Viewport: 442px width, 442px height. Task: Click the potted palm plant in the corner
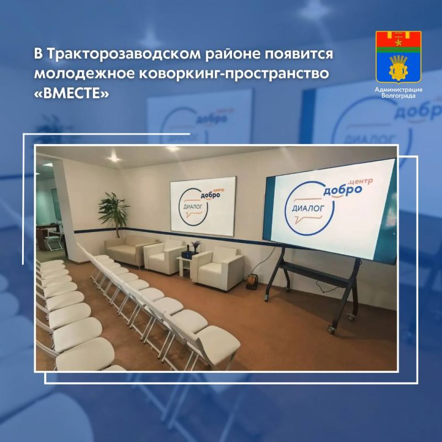tap(113, 213)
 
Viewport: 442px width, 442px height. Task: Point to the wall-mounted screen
tap(203, 203)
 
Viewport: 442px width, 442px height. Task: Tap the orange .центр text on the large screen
tap(361, 181)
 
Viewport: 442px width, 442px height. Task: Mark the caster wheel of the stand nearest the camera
tap(331, 329)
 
